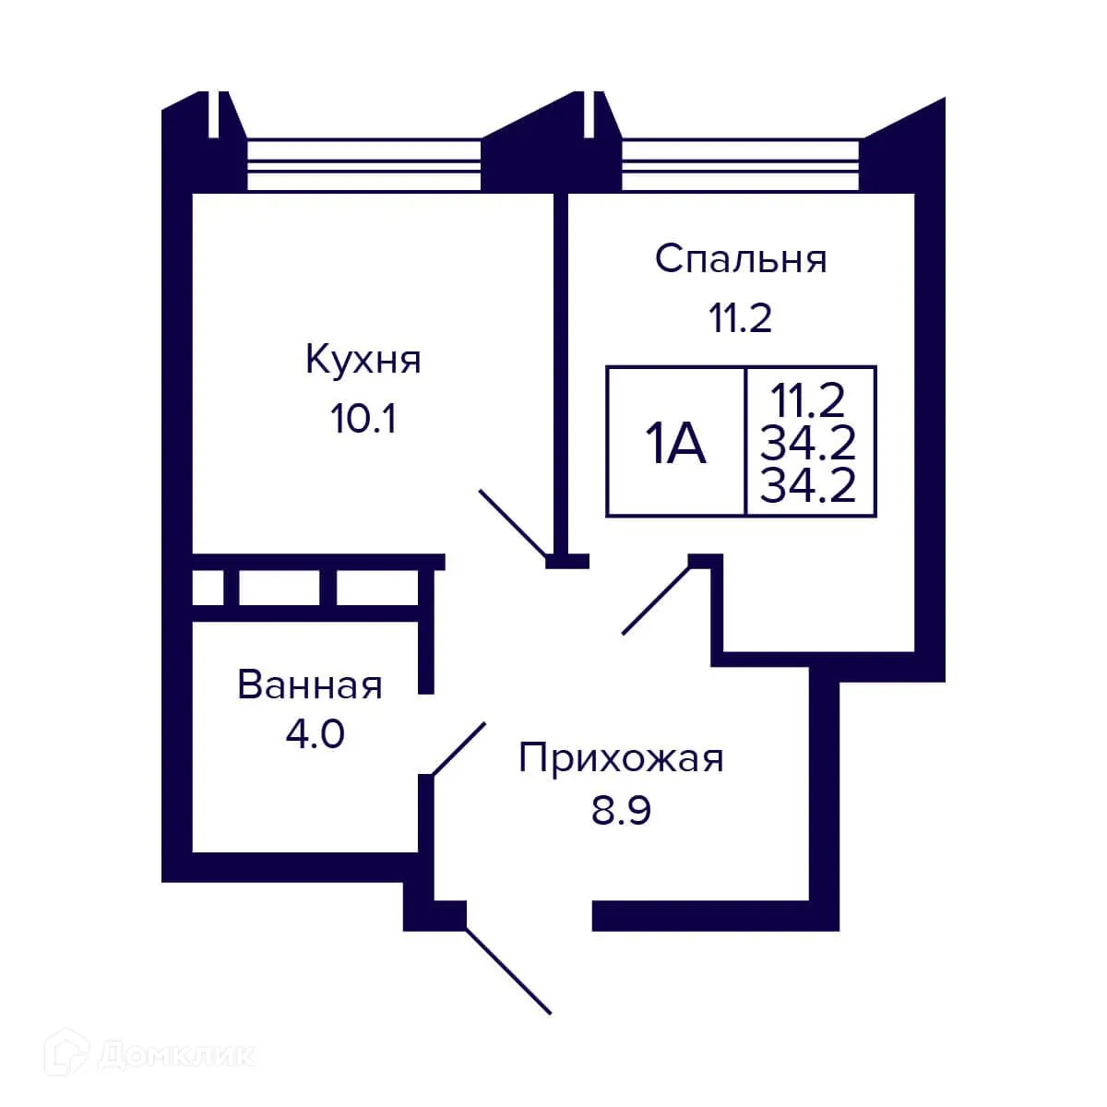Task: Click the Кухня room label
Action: pos(363,360)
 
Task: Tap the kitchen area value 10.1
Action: pos(363,420)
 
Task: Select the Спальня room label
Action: pos(740,258)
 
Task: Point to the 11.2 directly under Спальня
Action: pos(740,318)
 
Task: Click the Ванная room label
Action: pos(310,685)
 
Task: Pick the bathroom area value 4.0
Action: pos(315,735)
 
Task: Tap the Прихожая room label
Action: pos(621,758)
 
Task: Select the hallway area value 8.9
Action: pos(621,812)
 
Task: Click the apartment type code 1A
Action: pos(675,444)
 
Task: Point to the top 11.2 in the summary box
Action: pos(808,401)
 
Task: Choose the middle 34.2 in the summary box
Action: pos(808,444)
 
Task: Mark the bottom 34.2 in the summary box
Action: pos(808,486)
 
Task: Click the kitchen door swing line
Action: pos(513,523)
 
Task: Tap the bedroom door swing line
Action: pos(657,599)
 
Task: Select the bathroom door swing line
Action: pos(458,748)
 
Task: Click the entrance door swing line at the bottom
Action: pos(508,970)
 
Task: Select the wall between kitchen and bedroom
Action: pos(560,369)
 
